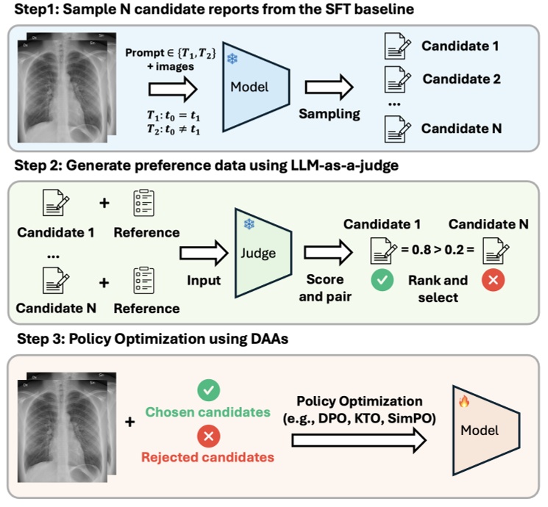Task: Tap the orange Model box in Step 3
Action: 479,429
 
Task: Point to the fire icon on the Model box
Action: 463,402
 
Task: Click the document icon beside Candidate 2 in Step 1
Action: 396,79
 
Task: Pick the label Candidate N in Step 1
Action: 460,128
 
